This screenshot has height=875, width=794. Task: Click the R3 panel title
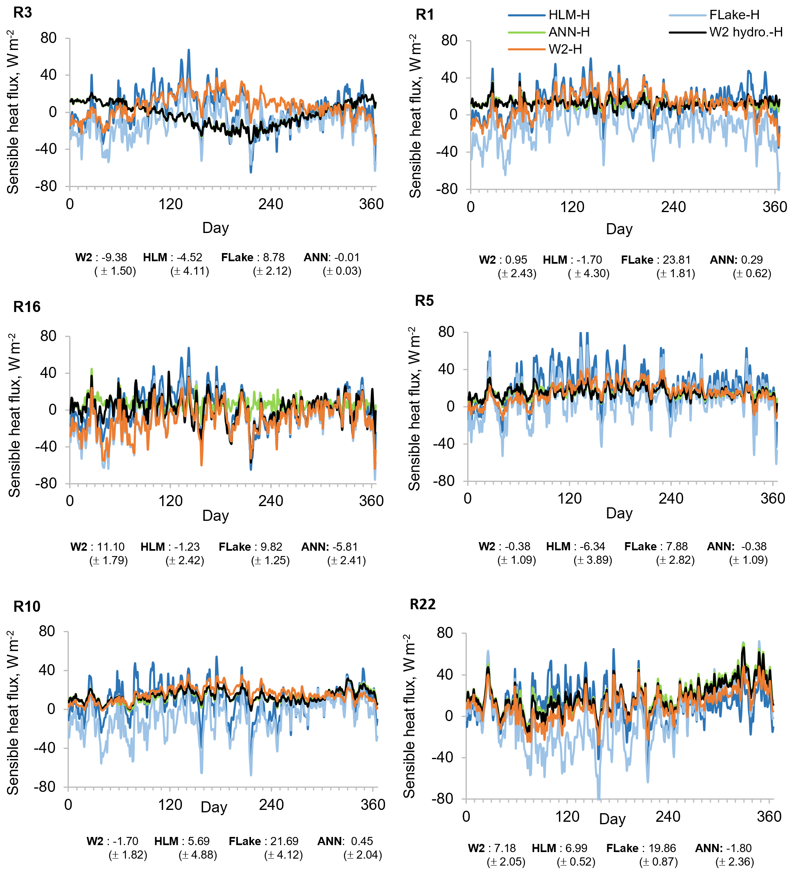click(x=23, y=13)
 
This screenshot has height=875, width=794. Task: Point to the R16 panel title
click(x=27, y=307)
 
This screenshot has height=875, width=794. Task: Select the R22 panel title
click(x=423, y=604)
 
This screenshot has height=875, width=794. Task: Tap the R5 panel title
click(x=424, y=301)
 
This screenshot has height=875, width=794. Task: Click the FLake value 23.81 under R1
click(x=676, y=260)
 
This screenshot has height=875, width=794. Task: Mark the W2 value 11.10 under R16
click(x=111, y=547)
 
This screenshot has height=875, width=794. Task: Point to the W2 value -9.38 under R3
click(x=114, y=258)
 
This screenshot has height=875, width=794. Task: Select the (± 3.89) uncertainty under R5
click(x=593, y=560)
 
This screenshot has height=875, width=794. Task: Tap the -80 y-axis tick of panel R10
click(x=45, y=787)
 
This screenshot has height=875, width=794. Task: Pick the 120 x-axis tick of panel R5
click(x=569, y=498)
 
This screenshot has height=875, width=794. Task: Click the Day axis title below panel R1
click(x=619, y=229)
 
